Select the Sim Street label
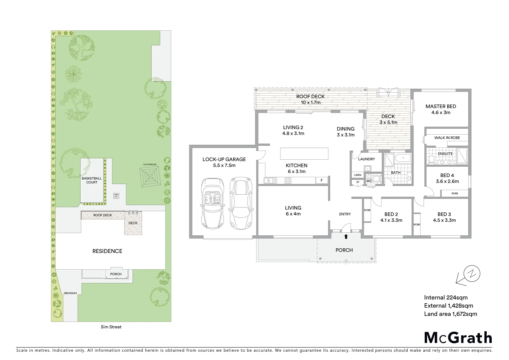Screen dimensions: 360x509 111,327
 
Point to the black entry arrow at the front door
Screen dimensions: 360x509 346,237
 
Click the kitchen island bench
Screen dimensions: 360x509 304,154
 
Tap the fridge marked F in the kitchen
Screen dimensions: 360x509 321,180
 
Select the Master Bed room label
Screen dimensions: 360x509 440,106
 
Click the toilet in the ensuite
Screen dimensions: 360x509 431,160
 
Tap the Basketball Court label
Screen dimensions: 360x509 92,180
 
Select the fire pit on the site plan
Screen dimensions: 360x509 116,196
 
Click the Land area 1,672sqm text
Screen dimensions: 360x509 450,314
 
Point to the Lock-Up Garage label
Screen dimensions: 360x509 224,159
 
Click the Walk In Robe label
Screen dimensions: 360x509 447,138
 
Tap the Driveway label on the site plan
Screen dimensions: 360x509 70,293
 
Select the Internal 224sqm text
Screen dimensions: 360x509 445,298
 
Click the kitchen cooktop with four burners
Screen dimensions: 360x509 288,180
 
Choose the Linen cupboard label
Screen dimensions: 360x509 357,175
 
